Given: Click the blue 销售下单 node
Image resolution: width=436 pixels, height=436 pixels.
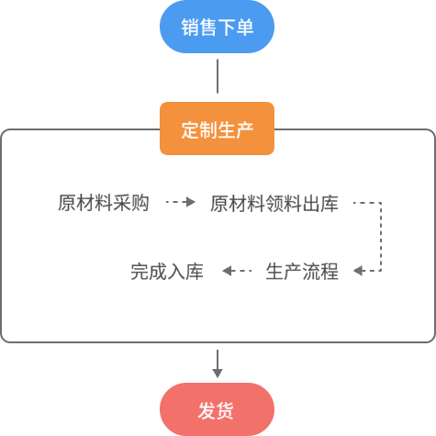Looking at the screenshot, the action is pos(217,27).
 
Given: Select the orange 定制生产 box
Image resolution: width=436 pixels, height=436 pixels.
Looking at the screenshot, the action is pos(217,129).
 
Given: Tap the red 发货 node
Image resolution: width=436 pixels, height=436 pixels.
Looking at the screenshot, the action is pos(217,409).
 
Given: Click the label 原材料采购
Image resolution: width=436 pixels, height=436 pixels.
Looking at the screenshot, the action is pos(104,203).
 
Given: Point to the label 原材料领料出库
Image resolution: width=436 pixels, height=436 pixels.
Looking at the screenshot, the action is pos(274,204).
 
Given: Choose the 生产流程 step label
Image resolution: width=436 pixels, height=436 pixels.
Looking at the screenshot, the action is pos(302,272).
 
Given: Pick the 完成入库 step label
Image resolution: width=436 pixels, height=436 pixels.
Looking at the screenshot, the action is pos(167,272).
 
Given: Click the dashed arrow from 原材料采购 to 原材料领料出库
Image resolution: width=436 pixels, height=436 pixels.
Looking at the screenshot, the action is pos(181,202).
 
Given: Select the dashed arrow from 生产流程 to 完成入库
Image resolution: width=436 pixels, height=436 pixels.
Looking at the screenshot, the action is pos(237,271).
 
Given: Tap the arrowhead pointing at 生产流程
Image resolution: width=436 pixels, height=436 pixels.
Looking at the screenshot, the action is pos(358,271).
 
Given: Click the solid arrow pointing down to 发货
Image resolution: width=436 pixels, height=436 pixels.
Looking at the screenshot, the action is pos(218,364).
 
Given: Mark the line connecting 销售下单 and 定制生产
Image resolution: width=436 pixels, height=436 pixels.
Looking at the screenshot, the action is pos(218,76).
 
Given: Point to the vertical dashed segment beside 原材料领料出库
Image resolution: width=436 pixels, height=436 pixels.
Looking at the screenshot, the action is pos(381,237).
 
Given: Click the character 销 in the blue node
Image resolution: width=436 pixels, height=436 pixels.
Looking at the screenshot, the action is pos(190,27).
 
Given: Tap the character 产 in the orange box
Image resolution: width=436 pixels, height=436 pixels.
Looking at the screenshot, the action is pos(245,129).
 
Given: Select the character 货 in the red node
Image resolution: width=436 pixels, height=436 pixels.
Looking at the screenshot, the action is pos(226,410).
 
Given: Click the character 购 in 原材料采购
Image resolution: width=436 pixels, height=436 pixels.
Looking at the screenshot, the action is pos(140,203).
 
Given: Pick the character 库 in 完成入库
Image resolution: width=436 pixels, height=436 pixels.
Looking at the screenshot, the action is pos(195,272).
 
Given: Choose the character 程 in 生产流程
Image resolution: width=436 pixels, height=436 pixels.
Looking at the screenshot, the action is pos(330,272).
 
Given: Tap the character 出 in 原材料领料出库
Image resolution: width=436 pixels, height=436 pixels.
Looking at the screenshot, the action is pos(311,204).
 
